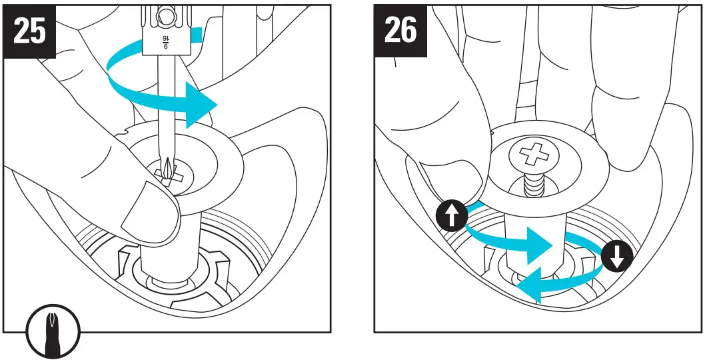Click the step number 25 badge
coord(30,31)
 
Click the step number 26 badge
coord(401,31)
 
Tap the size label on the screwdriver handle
coord(165,41)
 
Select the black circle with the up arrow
coord(451,217)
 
